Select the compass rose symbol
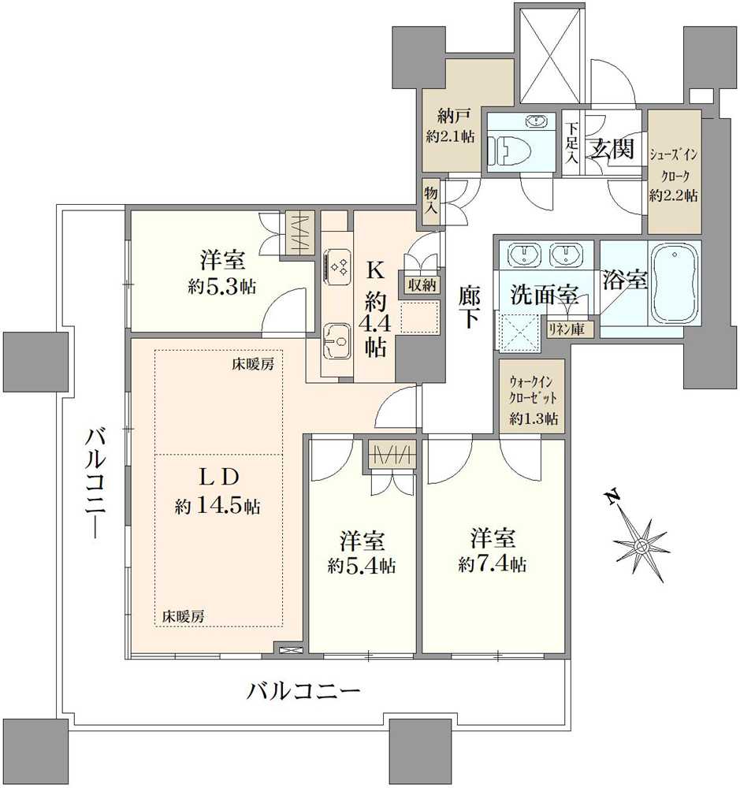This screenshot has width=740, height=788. pyautogui.click(x=640, y=544)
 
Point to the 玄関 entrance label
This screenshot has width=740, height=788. pyautogui.click(x=612, y=149)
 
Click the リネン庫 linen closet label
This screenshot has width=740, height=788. pyautogui.click(x=567, y=329)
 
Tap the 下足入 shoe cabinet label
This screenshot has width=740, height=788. pyautogui.click(x=572, y=143)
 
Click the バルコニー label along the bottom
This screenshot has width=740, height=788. pyautogui.click(x=304, y=693)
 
